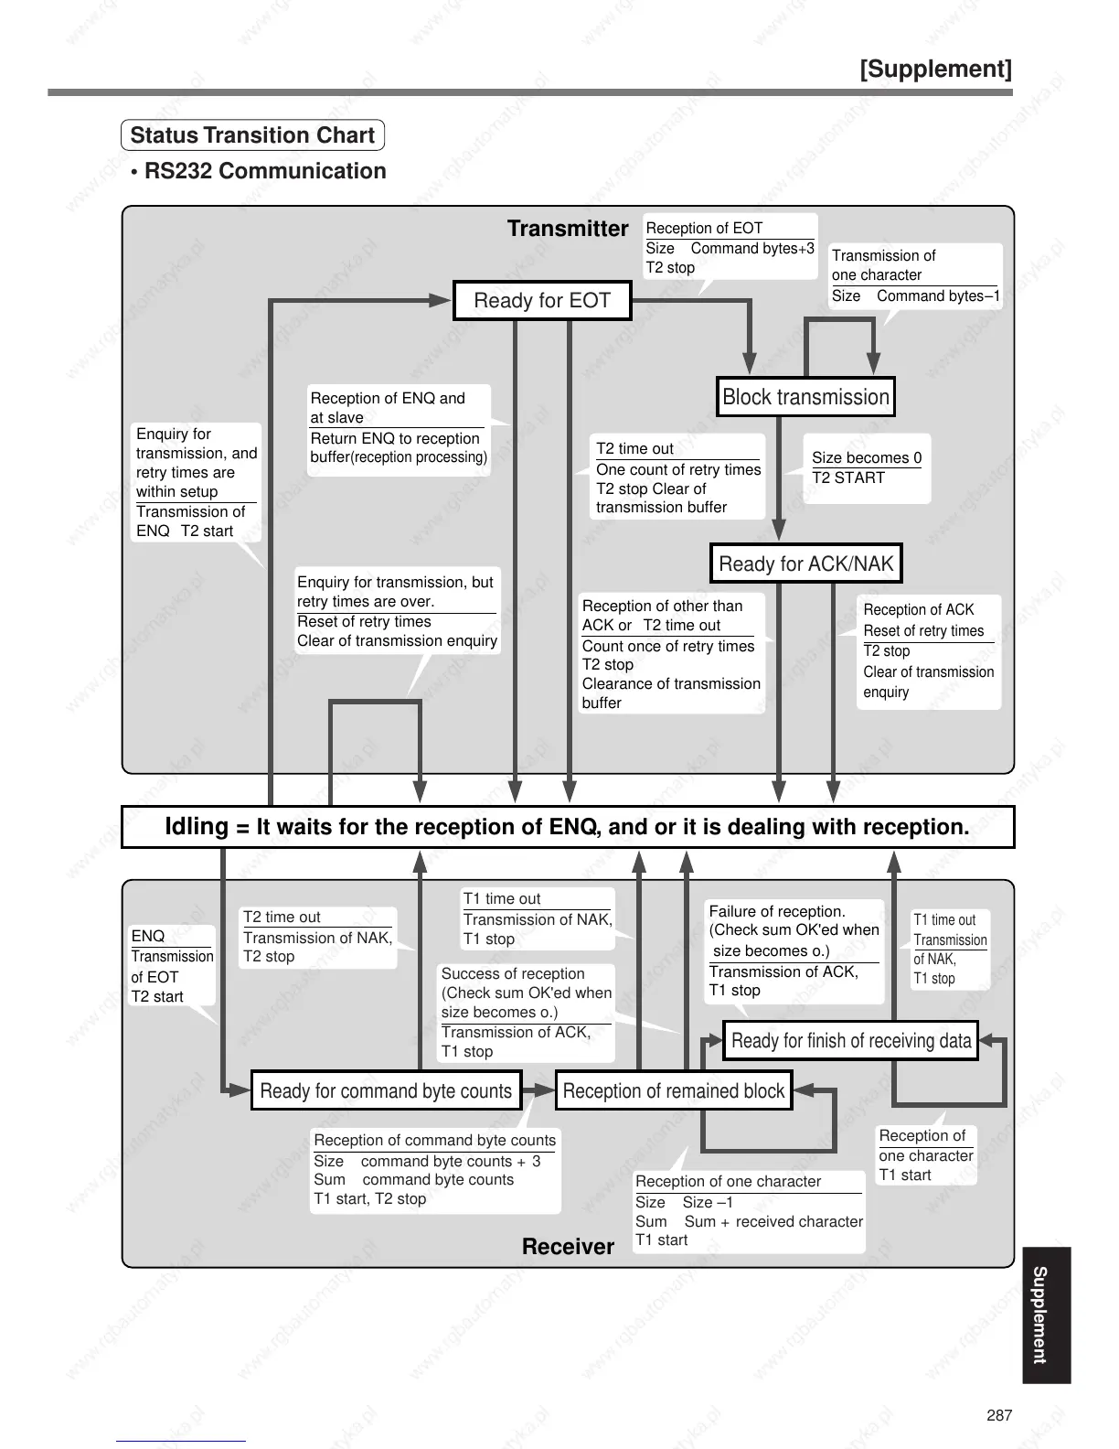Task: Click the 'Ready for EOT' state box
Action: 542,301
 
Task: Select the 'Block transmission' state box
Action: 805,397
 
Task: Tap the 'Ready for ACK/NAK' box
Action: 805,563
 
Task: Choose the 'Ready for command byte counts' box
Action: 386,1091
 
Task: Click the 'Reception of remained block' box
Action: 673,1091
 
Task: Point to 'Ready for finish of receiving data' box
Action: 850,1041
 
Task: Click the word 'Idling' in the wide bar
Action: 197,827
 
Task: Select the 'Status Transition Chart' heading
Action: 252,135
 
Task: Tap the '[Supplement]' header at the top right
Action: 935,70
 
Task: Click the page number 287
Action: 999,1415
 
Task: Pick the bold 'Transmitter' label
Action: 568,229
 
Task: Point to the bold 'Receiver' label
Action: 568,1247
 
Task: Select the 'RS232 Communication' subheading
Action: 265,171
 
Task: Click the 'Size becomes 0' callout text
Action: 867,457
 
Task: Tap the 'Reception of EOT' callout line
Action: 704,228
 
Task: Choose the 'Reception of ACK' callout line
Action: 919,609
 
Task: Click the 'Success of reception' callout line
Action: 513,973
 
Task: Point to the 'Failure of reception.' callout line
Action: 777,911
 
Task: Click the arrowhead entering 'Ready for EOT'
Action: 442,300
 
